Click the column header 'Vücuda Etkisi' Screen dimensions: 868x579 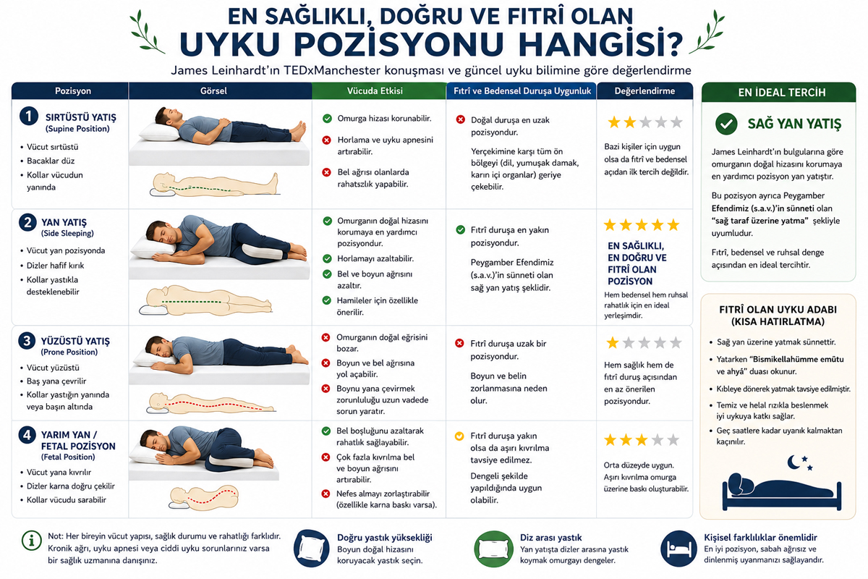(375, 91)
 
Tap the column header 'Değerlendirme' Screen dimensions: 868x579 (644, 91)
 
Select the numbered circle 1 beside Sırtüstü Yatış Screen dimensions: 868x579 (29, 116)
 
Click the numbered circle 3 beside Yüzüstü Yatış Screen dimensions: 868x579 (27, 342)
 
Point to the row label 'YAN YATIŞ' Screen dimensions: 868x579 (64, 223)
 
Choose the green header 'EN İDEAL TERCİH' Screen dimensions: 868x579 (782, 93)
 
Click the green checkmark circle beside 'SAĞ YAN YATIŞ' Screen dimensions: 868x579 (726, 124)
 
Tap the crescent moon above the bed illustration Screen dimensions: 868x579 (793, 462)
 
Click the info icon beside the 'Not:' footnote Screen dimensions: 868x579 (31, 540)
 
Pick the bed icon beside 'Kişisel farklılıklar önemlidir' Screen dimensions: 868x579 (678, 549)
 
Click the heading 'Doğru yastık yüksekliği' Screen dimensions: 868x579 (384, 538)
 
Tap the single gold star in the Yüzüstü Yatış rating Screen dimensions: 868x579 (612, 343)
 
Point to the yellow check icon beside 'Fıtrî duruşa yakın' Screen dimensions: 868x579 (459, 436)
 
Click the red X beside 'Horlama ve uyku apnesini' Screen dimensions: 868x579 (327, 140)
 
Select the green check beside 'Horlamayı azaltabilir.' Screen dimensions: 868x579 (327, 258)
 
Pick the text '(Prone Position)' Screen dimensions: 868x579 (69, 352)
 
